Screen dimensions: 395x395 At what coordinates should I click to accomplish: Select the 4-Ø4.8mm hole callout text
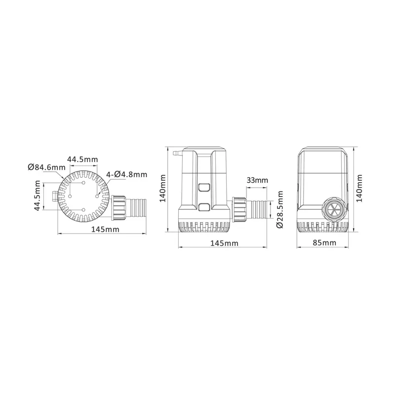[127, 174]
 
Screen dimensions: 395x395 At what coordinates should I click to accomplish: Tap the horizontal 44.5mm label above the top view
[82, 159]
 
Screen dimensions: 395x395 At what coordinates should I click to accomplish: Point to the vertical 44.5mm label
[37, 196]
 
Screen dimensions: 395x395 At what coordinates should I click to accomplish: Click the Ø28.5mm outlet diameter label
[279, 209]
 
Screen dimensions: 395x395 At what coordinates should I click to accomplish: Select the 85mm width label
[324, 243]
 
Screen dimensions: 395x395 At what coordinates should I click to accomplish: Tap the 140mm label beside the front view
[359, 188]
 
